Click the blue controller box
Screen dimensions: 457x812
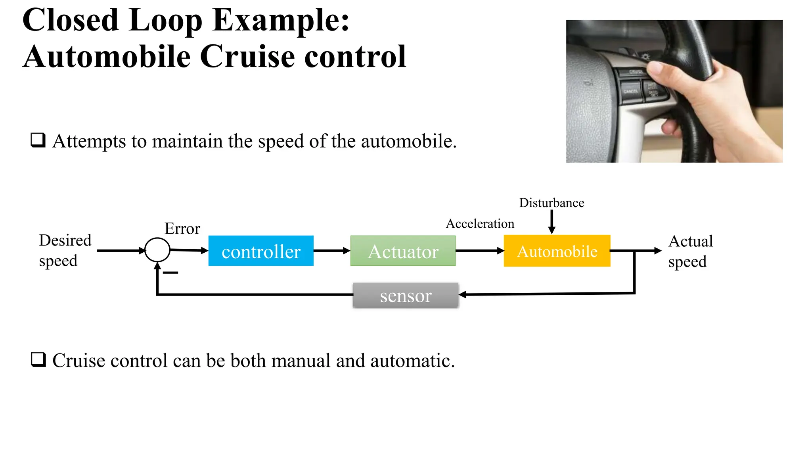point(261,251)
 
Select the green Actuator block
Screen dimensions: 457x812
point(403,251)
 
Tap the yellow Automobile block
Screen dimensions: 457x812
point(557,251)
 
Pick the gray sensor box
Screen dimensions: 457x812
point(406,296)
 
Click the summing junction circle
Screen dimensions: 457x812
point(157,250)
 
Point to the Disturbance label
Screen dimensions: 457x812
point(552,203)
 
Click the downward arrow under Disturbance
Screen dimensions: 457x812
point(552,222)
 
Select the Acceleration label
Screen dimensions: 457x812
point(480,224)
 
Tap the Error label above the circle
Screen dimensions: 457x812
point(182,229)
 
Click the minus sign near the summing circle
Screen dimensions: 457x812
point(170,273)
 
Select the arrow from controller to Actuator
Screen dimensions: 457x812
point(331,251)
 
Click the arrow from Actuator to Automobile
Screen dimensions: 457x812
point(479,251)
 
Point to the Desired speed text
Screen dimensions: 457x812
point(65,250)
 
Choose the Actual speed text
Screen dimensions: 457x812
point(690,251)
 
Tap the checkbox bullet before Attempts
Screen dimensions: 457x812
point(38,140)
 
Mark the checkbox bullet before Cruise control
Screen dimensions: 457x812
point(38,360)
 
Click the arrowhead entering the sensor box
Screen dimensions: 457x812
point(462,295)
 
